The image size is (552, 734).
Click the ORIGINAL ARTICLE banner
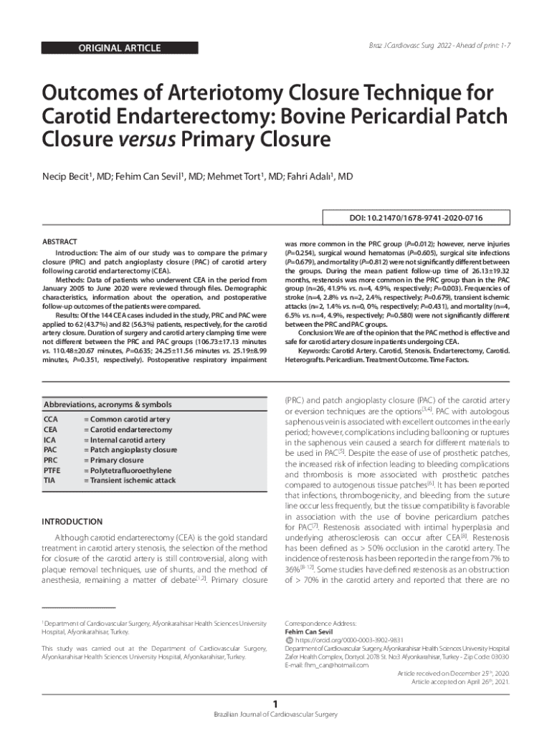click(x=119, y=49)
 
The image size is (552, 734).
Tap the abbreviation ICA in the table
click(x=51, y=440)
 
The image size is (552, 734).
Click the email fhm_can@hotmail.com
click(x=326, y=665)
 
